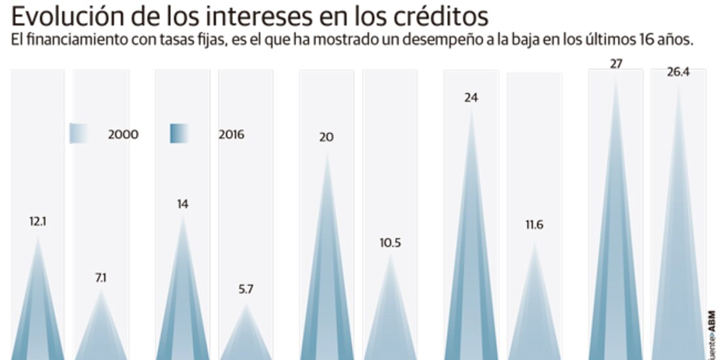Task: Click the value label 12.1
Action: coord(37,221)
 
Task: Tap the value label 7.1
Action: coord(101,278)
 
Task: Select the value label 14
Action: coord(183,204)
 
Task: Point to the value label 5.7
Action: coord(246,289)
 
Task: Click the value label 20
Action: coord(327,137)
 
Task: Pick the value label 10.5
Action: coord(390,243)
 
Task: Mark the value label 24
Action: coord(471,98)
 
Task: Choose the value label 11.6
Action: coord(534,225)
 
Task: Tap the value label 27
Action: coord(615,64)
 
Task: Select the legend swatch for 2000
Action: coord(79,134)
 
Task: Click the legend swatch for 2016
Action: coord(179,134)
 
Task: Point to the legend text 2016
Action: coord(231,135)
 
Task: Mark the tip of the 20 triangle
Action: coord(327,152)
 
